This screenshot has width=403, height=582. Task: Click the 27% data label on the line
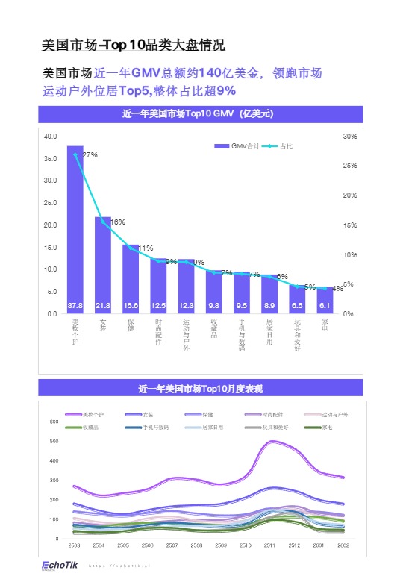point(90,155)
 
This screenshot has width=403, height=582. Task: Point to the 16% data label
point(117,222)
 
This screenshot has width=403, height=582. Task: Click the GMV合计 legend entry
point(237,146)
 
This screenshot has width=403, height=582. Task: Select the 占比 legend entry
point(278,146)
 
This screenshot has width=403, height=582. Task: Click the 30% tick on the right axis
point(349,137)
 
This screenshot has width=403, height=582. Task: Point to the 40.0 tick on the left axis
point(50,137)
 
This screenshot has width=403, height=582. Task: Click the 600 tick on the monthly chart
point(54,422)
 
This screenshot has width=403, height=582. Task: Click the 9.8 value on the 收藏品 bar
point(213,306)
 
